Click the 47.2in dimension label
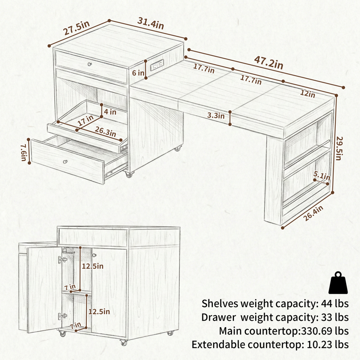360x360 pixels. coord(269,62)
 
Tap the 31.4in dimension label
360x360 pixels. coord(151,24)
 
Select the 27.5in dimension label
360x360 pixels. coord(76,28)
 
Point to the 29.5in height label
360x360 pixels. coord(340,148)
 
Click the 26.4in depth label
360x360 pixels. coord(313,213)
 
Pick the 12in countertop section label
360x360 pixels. coord(308,93)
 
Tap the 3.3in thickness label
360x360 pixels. coord(216,115)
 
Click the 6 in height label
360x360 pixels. coord(138,73)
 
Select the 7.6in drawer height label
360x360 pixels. coord(24,153)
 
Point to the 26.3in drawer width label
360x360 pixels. coord(105,131)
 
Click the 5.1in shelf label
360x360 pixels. coord(322,176)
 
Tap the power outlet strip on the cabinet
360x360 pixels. coord(157,65)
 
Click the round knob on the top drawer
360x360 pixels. coord(90,64)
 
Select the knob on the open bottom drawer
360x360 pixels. coord(65,161)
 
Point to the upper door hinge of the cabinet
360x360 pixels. coord(62,260)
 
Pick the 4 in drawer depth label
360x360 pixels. coord(110,112)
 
